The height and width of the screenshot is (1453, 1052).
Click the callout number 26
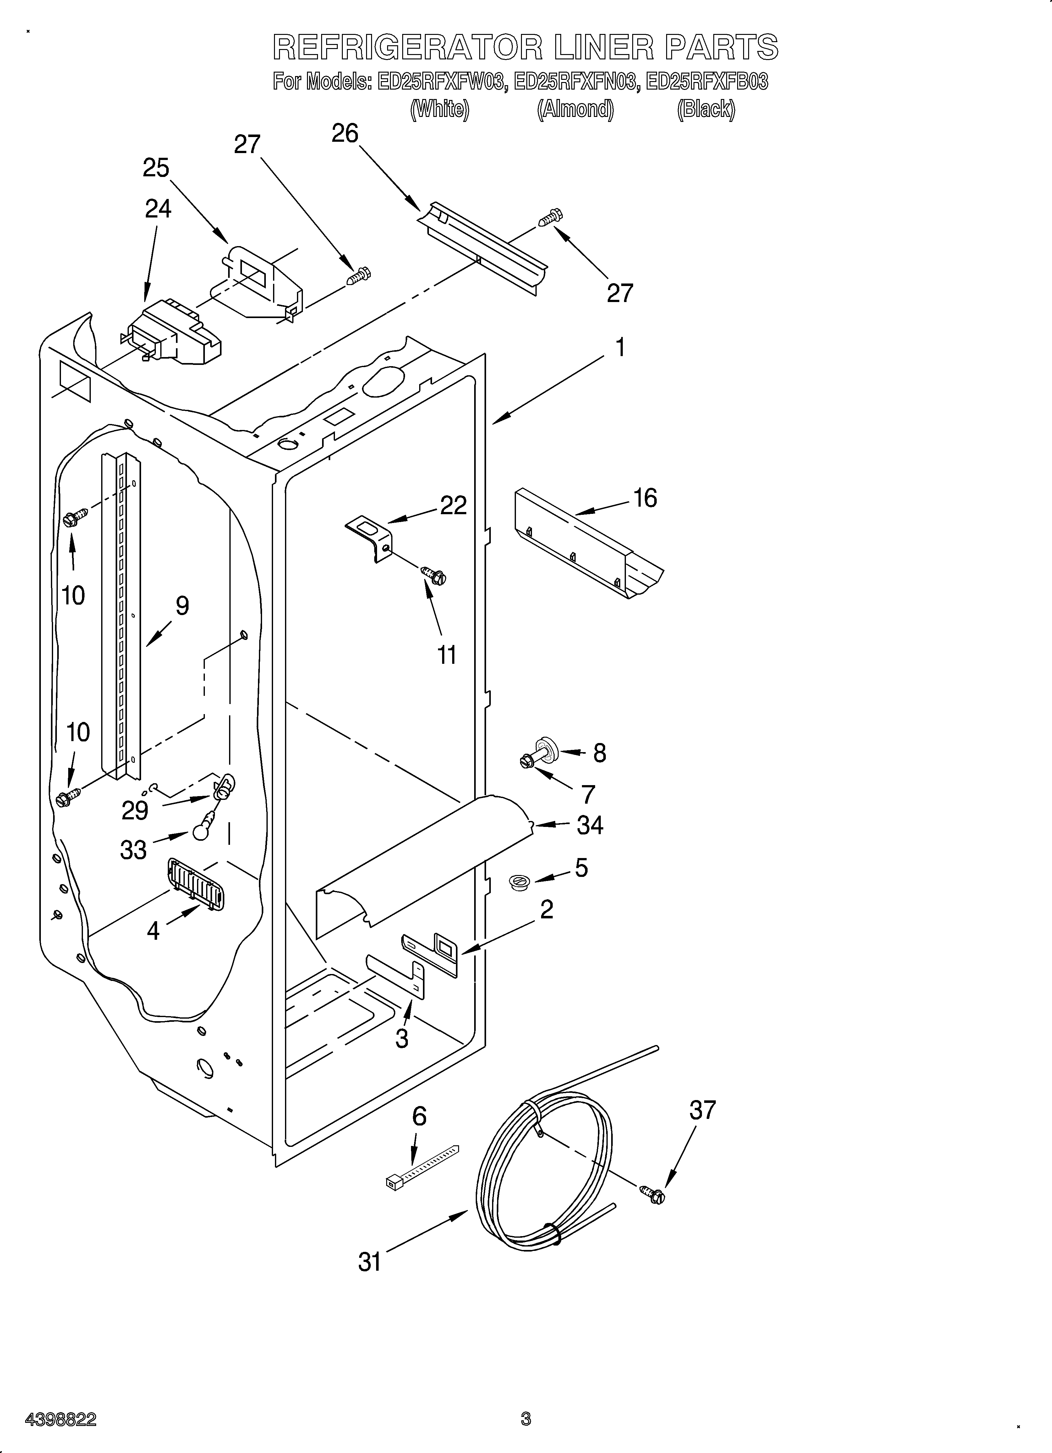pos(345,134)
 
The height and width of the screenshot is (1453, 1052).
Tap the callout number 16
pos(645,498)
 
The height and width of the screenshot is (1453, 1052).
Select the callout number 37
pos(702,1109)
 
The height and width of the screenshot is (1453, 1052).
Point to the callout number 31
pos(370,1262)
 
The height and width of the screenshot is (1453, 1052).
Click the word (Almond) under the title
pos(575,110)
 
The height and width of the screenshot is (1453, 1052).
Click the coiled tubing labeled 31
pos(545,1179)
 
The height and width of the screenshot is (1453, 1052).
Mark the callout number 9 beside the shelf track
pos(182,605)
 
